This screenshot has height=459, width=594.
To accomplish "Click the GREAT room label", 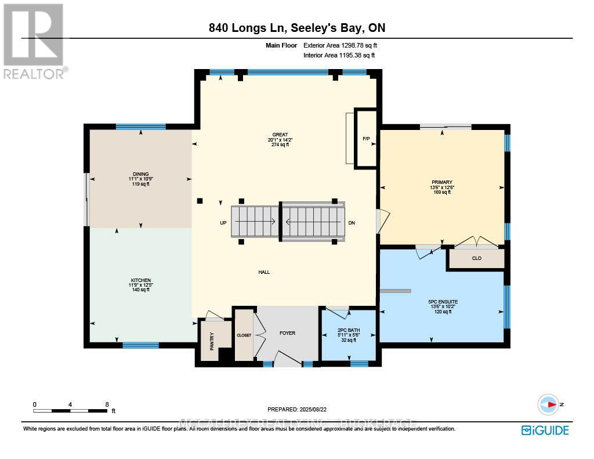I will pyautogui.click(x=278, y=135).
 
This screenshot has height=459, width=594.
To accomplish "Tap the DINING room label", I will pyautogui.click(x=140, y=174).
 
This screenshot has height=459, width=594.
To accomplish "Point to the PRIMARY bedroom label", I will pyautogui.click(x=441, y=182).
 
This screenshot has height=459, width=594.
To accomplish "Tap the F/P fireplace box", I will pyautogui.click(x=366, y=139).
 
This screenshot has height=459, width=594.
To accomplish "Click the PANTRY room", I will pyautogui.click(x=212, y=339).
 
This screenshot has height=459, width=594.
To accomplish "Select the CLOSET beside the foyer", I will pyautogui.click(x=244, y=335).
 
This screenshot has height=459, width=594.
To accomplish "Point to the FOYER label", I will pyautogui.click(x=287, y=333).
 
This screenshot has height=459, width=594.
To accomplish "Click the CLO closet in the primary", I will pyautogui.click(x=476, y=259).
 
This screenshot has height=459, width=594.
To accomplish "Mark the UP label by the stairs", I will pyautogui.click(x=223, y=223).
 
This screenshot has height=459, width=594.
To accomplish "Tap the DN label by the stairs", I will pyautogui.click(x=352, y=223).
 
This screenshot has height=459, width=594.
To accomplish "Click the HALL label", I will pyautogui.click(x=264, y=272).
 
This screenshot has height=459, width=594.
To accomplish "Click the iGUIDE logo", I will pyautogui.click(x=545, y=430).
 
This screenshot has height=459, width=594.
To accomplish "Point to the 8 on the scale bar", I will pyautogui.click(x=107, y=404).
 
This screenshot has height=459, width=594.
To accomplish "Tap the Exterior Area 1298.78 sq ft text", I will pyautogui.click(x=342, y=45).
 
